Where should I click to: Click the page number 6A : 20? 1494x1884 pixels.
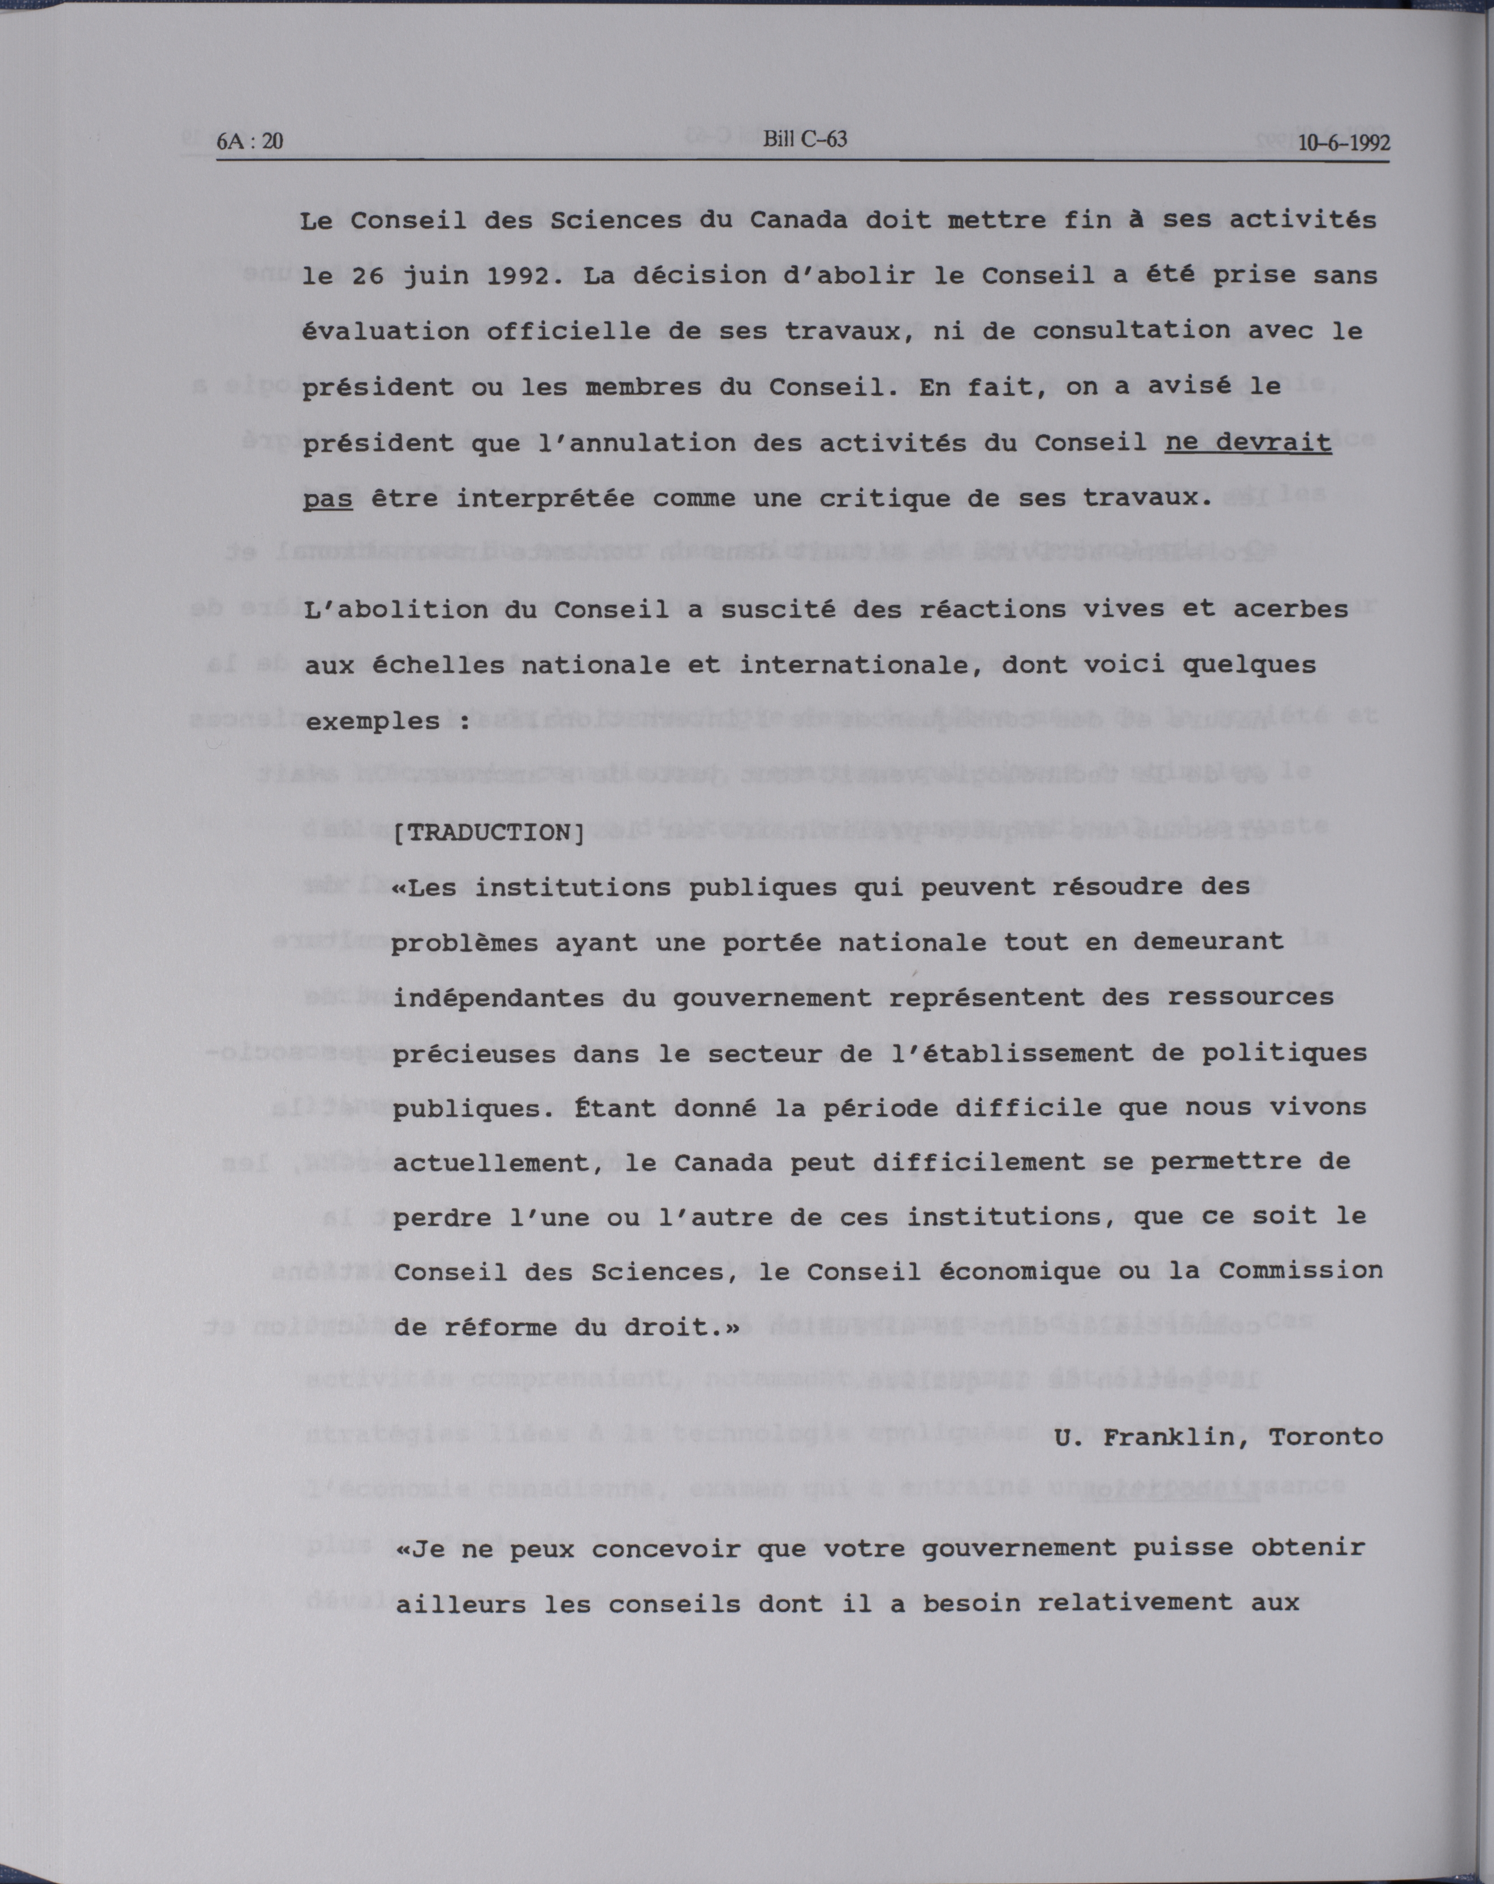click(250, 141)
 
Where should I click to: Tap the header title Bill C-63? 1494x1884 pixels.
click(805, 140)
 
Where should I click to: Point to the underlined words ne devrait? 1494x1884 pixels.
click(1249, 442)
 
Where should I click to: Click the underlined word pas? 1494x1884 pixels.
click(327, 499)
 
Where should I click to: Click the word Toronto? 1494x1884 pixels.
click(1326, 1438)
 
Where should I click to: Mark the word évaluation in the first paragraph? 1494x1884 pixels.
click(385, 331)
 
